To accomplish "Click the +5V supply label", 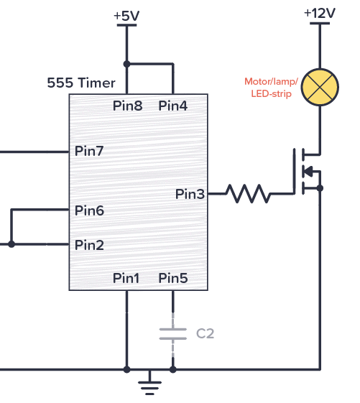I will pos(127,16).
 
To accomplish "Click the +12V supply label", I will pos(319,14).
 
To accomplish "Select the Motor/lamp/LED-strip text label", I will pos(271,88).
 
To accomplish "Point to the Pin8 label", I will pos(127,106).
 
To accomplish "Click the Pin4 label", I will pos(173,106).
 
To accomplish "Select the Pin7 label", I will pos(90,152).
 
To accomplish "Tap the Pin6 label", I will pos(90,210).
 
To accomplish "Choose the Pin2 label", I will pos(90,245).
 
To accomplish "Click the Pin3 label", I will pos(190,193).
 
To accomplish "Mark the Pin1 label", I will pos(127,278).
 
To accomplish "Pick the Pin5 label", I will pos(173,278).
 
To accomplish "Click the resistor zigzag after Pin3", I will pos(248,193).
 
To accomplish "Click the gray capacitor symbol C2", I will pos(173,333).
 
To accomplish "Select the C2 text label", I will pos(205,333).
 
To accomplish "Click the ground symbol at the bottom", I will pos(149,384).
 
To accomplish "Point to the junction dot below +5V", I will pos(127,63).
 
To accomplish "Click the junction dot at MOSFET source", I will pos(319,187).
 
